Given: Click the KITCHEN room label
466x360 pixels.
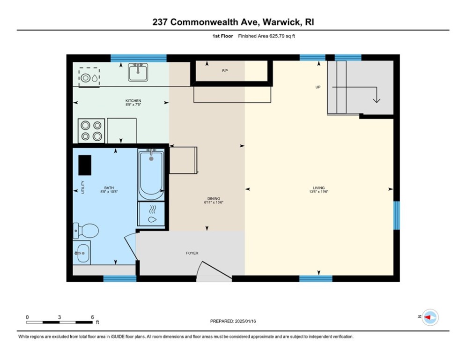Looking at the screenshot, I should pyautogui.click(x=133, y=101).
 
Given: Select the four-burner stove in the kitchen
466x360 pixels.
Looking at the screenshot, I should pyautogui.click(x=91, y=130).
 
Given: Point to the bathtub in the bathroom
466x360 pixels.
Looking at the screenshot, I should pyautogui.click(x=151, y=174).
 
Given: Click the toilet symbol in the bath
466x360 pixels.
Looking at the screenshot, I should pyautogui.click(x=85, y=230).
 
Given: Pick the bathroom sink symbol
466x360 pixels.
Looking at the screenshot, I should pyautogui.click(x=81, y=253).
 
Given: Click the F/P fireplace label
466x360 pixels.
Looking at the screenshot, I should pyautogui.click(x=225, y=71).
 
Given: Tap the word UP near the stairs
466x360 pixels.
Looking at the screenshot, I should pyautogui.click(x=318, y=87).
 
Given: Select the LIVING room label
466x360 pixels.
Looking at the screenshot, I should pyautogui.click(x=317, y=188).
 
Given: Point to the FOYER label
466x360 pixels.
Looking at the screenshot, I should pyautogui.click(x=192, y=253).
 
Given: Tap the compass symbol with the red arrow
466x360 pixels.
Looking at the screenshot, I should pyautogui.click(x=429, y=317).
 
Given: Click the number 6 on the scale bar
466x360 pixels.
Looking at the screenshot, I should pyautogui.click(x=92, y=317).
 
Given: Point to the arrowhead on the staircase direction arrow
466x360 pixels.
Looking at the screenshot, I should pyautogui.click(x=376, y=99).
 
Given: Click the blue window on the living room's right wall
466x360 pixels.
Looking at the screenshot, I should pyautogui.click(x=396, y=215).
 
